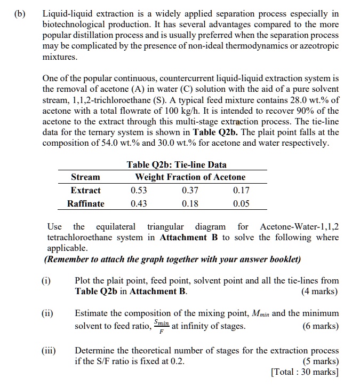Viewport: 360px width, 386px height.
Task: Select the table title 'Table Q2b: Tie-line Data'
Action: coord(177,164)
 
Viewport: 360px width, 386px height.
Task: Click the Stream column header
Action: coord(85,177)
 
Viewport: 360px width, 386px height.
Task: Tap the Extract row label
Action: coord(85,191)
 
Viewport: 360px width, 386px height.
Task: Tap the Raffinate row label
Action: coord(85,203)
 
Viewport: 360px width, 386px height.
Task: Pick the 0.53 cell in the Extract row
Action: coord(139,191)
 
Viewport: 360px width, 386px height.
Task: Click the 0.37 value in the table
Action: coord(190,191)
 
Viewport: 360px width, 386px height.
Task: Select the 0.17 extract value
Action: coord(242,191)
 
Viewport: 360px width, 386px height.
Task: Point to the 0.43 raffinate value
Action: coord(139,203)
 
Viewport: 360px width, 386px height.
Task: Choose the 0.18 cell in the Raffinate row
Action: coord(190,203)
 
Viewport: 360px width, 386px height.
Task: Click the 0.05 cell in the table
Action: coord(242,203)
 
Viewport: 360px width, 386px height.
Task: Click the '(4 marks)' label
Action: coord(319,292)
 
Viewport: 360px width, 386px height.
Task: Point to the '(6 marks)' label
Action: coord(319,326)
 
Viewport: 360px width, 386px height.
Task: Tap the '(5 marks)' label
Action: coord(319,361)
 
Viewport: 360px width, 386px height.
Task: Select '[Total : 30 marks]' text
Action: coord(305,372)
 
